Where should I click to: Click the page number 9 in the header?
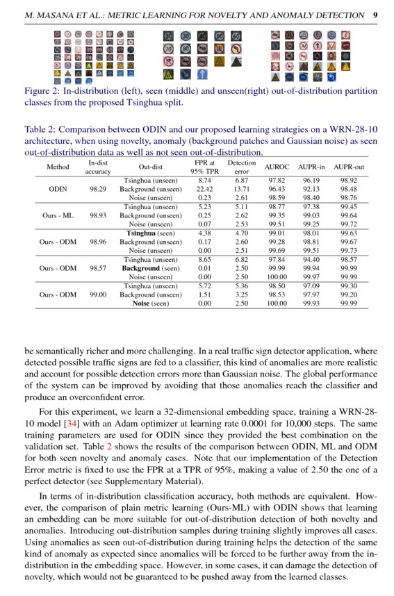click(x=375, y=15)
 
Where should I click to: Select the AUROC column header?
click(x=277, y=167)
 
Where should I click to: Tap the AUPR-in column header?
click(x=311, y=167)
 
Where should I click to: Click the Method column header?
click(x=58, y=167)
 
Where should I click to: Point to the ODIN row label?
click(x=58, y=189)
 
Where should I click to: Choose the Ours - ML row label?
click(x=58, y=215)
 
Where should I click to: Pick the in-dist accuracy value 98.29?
click(x=99, y=189)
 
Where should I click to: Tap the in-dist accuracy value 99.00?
click(x=99, y=295)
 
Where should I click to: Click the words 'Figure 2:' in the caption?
click(x=44, y=91)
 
